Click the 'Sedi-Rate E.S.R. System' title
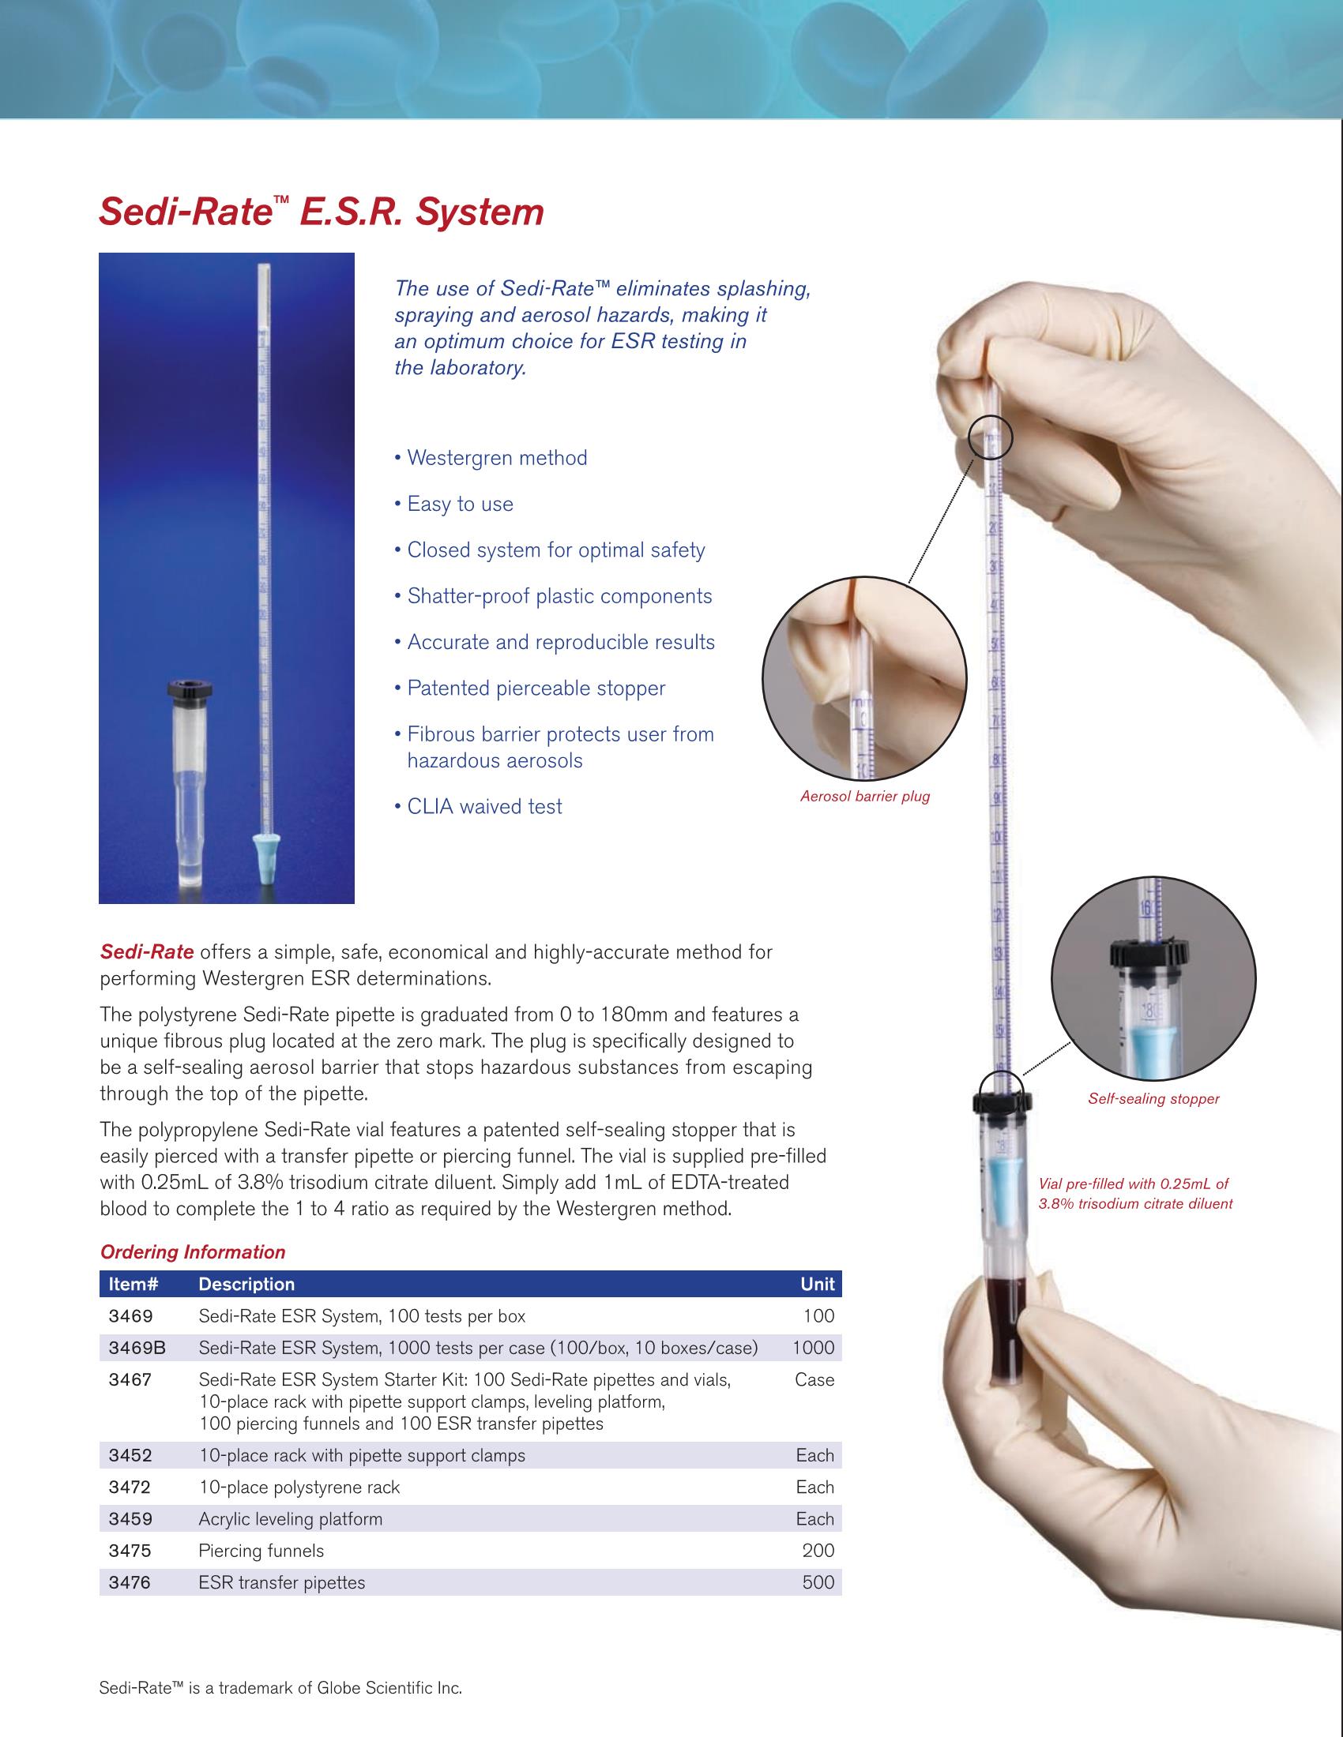(321, 212)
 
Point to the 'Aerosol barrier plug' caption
(865, 796)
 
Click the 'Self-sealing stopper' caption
(1153, 1098)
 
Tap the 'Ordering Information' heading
(193, 1252)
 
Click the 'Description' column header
(246, 1284)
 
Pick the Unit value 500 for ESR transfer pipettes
(818, 1582)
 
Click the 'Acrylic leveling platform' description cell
(291, 1518)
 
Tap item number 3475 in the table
(130, 1550)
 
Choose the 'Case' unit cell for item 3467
(814, 1379)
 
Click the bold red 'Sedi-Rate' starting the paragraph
(146, 952)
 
